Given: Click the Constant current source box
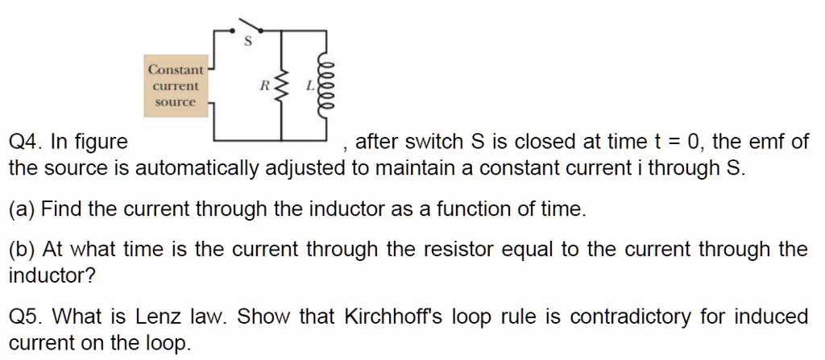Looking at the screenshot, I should pos(176,86).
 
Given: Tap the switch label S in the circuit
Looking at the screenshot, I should pos(248,40).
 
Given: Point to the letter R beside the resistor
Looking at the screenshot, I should pos(263,84).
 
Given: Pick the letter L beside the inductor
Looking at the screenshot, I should pos(309,84).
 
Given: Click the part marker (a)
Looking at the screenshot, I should pos(22,209).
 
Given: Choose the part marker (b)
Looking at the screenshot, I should pos(22,249).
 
